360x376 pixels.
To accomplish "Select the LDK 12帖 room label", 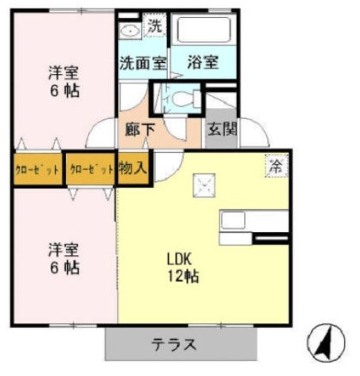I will click(182, 267).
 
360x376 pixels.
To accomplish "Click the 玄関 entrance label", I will click(222, 128).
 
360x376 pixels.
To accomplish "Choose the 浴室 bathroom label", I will click(204, 62).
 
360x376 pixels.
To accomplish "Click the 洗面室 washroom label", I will click(143, 62).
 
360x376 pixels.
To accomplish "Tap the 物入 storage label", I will click(133, 169).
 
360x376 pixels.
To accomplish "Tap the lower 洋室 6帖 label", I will click(64, 259).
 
